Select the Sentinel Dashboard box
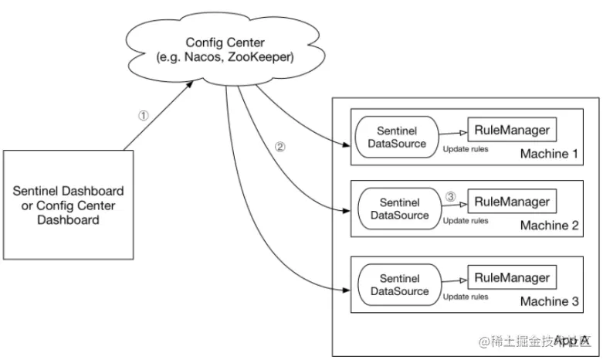tap(69, 205)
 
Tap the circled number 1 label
tap(143, 115)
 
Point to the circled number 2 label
tap(279, 148)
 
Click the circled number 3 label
tap(451, 197)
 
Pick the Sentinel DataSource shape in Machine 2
tap(399, 209)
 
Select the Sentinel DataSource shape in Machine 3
tap(399, 284)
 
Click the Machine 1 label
tap(548, 155)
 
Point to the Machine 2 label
tap(548, 226)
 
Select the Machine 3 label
tap(548, 301)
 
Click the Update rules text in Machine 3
tap(466, 296)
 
